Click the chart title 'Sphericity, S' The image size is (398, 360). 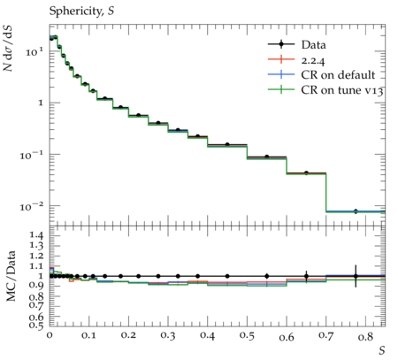(81, 11)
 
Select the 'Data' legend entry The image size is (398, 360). (297, 45)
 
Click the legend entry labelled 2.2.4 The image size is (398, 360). (296, 60)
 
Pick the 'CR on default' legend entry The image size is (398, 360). (322, 75)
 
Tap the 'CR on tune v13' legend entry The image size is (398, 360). (325, 90)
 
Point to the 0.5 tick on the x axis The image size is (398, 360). (247, 336)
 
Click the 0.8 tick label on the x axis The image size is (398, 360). (365, 336)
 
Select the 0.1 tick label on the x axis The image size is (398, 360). (88, 335)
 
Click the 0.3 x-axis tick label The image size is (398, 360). (168, 336)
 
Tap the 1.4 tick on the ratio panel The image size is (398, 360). (36, 235)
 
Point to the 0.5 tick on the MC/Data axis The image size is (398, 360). (36, 325)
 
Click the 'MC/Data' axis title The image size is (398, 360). (11, 276)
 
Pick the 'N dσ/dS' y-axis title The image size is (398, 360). (8, 48)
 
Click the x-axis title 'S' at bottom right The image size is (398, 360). (382, 350)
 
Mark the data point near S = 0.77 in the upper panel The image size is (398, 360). (356, 211)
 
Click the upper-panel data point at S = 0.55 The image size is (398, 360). (267, 157)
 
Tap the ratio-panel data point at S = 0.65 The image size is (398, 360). (306, 276)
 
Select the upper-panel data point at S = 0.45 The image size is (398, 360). (227, 144)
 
